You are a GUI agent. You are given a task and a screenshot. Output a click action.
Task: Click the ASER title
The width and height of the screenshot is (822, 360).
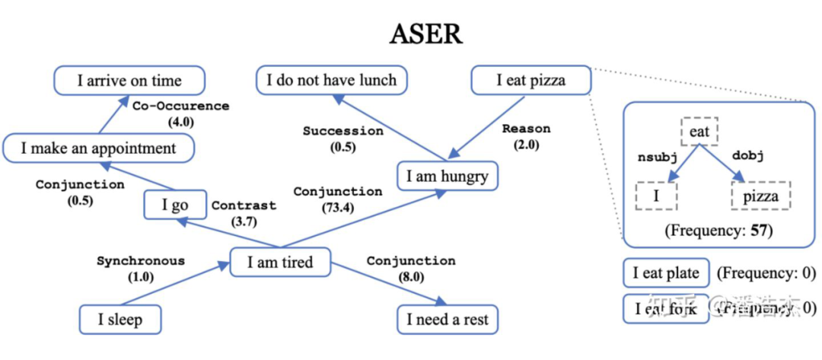click(x=426, y=33)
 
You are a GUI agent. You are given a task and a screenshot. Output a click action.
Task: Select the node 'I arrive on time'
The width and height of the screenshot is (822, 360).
click(x=129, y=81)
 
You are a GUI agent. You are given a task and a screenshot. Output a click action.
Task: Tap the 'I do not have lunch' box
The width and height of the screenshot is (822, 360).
click(x=331, y=80)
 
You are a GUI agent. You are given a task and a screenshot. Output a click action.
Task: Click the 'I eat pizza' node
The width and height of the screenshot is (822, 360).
click(x=530, y=80)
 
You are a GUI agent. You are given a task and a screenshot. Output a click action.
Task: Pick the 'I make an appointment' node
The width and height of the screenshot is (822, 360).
click(x=98, y=148)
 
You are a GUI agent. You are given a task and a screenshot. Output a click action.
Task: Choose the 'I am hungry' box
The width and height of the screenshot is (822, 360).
click(x=447, y=177)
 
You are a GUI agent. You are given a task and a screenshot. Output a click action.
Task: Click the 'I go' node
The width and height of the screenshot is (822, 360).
click(x=175, y=205)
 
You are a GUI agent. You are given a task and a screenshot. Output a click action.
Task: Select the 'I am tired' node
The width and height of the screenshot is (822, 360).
click(x=280, y=263)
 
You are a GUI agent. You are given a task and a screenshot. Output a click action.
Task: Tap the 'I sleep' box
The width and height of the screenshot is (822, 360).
click(x=120, y=319)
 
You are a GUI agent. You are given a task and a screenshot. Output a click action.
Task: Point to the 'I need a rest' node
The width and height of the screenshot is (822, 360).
click(x=448, y=319)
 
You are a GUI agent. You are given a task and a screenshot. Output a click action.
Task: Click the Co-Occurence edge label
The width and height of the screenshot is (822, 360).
click(x=180, y=106)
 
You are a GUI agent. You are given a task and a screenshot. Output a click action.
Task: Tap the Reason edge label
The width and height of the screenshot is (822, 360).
click(x=526, y=129)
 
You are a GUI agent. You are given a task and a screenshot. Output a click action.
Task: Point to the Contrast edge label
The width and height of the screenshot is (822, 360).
click(x=244, y=205)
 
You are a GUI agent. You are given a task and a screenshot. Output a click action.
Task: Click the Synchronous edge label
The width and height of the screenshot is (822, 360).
click(x=140, y=261)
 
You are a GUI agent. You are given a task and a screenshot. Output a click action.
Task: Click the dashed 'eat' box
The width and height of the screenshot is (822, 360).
click(x=699, y=132)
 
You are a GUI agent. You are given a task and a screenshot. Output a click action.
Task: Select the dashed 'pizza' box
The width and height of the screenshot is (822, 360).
click(x=760, y=196)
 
